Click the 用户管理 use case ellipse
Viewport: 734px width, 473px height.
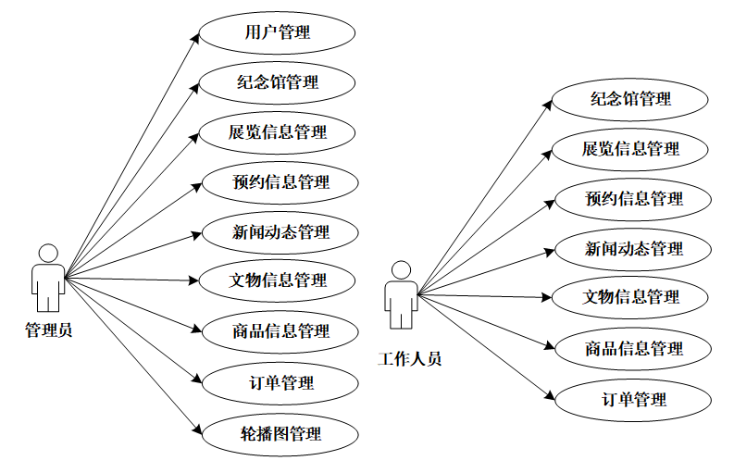click(x=277, y=33)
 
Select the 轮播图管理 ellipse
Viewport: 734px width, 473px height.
click(x=280, y=433)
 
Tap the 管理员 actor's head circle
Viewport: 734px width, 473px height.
click(x=48, y=254)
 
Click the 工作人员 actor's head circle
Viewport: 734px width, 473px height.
click(x=401, y=270)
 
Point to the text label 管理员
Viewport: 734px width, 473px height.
click(x=48, y=330)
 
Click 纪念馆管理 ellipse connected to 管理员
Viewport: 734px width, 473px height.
click(x=277, y=82)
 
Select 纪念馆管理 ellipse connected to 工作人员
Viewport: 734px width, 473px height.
click(x=630, y=99)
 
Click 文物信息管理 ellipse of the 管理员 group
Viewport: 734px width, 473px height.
click(x=278, y=280)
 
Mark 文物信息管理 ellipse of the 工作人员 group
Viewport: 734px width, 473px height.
click(x=630, y=297)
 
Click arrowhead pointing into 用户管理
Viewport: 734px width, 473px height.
click(x=194, y=38)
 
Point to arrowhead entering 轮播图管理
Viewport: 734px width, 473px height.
click(x=195, y=429)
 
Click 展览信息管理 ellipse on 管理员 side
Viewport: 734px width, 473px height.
click(x=278, y=131)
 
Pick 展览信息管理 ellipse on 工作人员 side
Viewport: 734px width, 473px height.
click(x=630, y=148)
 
